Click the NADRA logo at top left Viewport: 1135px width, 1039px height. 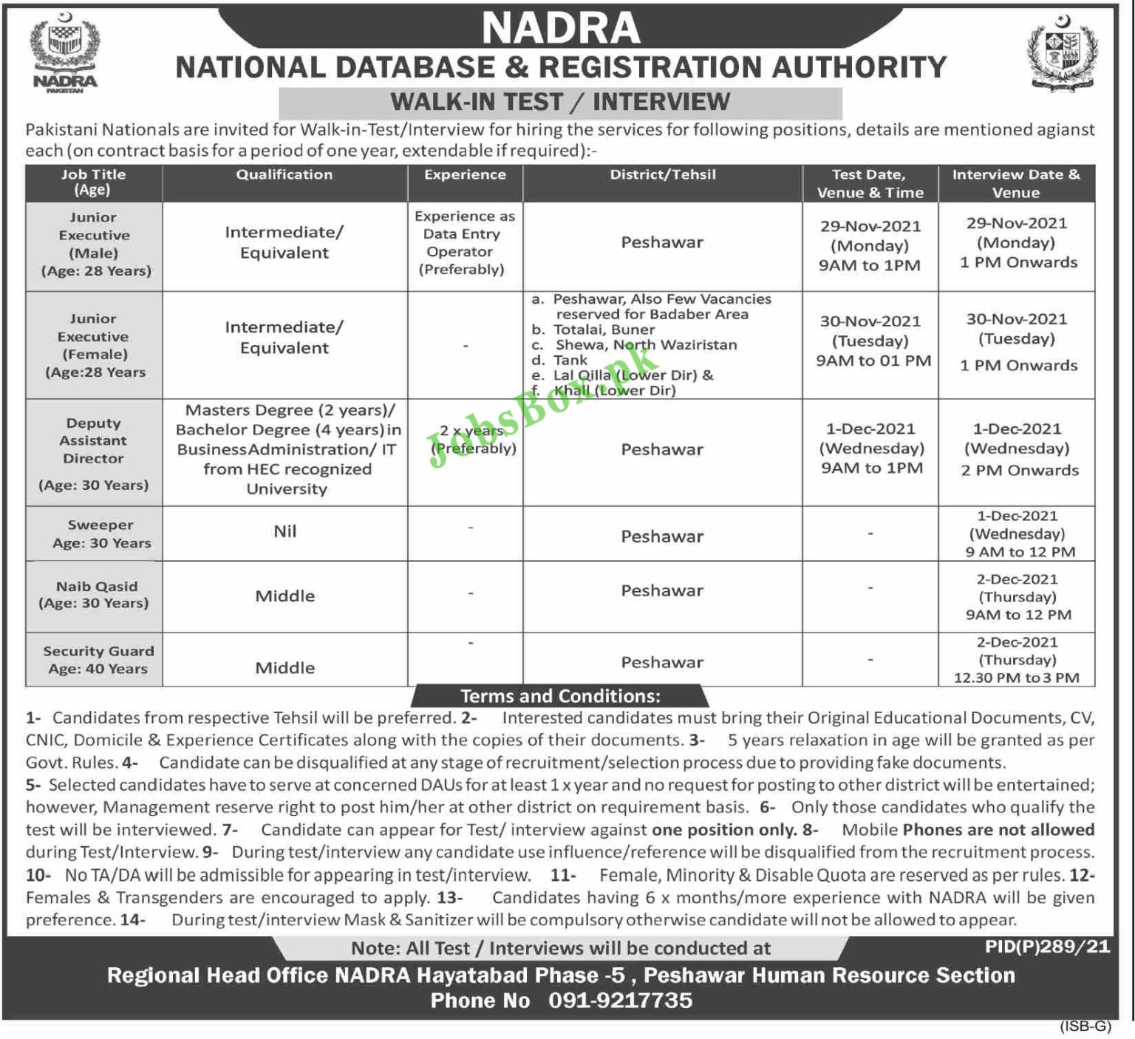[64, 52]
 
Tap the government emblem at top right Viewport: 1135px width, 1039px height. [1063, 52]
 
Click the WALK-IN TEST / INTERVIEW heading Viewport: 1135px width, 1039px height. [560, 102]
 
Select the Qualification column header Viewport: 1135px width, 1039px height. [284, 175]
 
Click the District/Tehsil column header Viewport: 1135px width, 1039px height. [662, 175]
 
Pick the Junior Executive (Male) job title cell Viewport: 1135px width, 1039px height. [94, 245]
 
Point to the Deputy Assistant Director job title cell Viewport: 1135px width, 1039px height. [94, 452]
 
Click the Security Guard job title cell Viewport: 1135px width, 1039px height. [98, 660]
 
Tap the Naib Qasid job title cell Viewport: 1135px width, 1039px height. [94, 595]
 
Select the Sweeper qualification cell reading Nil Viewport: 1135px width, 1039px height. [284, 531]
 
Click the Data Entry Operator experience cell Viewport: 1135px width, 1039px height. [465, 243]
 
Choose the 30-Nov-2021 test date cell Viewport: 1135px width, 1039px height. [870, 341]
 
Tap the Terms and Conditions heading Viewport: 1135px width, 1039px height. [560, 696]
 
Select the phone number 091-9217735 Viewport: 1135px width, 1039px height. [620, 1001]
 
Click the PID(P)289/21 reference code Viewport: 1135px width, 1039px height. [1047, 947]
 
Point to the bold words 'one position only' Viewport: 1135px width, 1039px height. [724, 830]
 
